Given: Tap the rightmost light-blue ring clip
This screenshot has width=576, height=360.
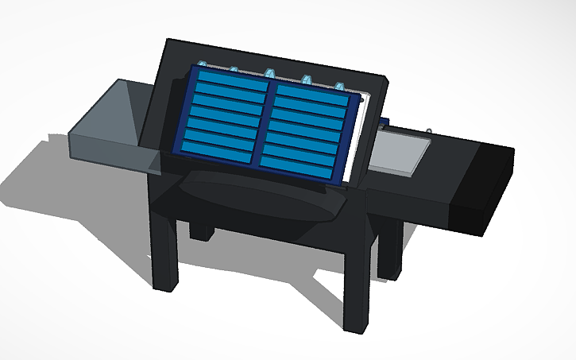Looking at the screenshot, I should tap(339, 85).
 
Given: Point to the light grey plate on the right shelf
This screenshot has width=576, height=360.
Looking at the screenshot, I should tap(401, 150).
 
